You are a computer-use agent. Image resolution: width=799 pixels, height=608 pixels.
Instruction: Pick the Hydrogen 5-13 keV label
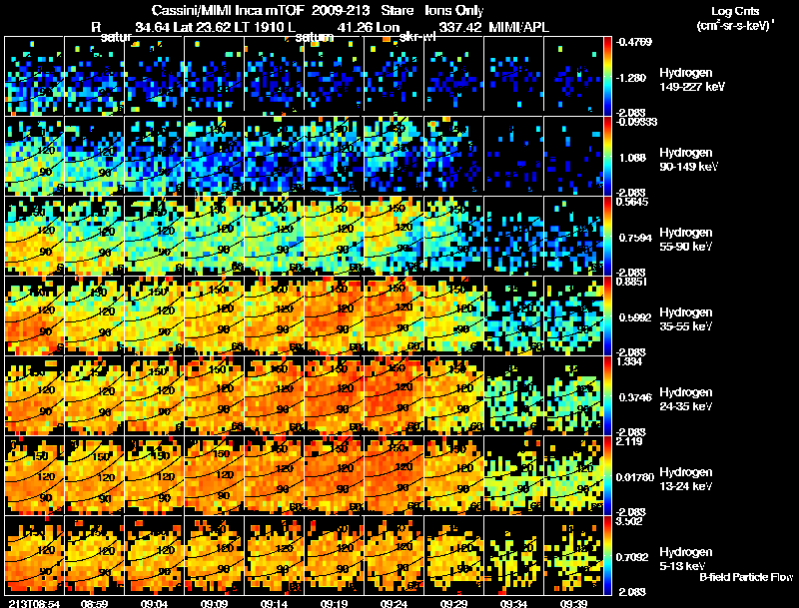pyautogui.click(x=688, y=557)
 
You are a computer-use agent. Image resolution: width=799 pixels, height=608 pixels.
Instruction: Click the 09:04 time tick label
pyautogui.click(x=155, y=603)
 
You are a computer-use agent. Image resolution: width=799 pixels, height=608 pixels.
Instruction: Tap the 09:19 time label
pyautogui.click(x=334, y=603)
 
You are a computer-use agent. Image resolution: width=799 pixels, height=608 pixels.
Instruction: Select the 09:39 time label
pyautogui.click(x=573, y=603)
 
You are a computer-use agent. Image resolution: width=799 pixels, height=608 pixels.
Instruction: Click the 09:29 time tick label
pyautogui.click(x=453, y=603)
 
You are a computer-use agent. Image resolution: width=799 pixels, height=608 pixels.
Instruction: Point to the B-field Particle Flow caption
pyautogui.click(x=745, y=577)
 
